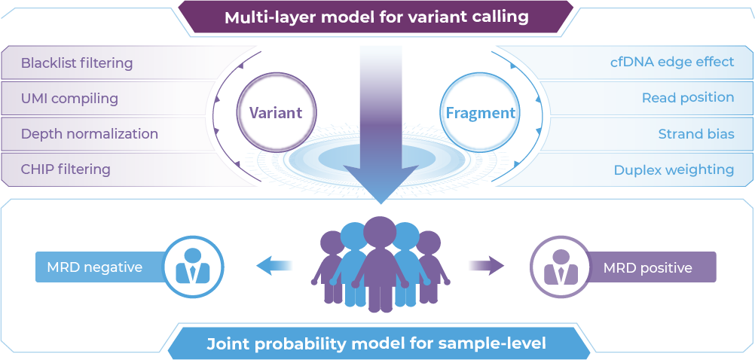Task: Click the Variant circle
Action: pyautogui.click(x=275, y=113)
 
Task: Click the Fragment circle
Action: pyautogui.click(x=481, y=113)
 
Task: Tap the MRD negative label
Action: pyautogui.click(x=95, y=267)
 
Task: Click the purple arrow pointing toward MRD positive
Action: pyautogui.click(x=486, y=265)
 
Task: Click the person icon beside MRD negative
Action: pyautogui.click(x=193, y=266)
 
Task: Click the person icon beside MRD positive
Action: pyautogui.click(x=561, y=266)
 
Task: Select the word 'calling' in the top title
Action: pyautogui.click(x=501, y=17)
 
